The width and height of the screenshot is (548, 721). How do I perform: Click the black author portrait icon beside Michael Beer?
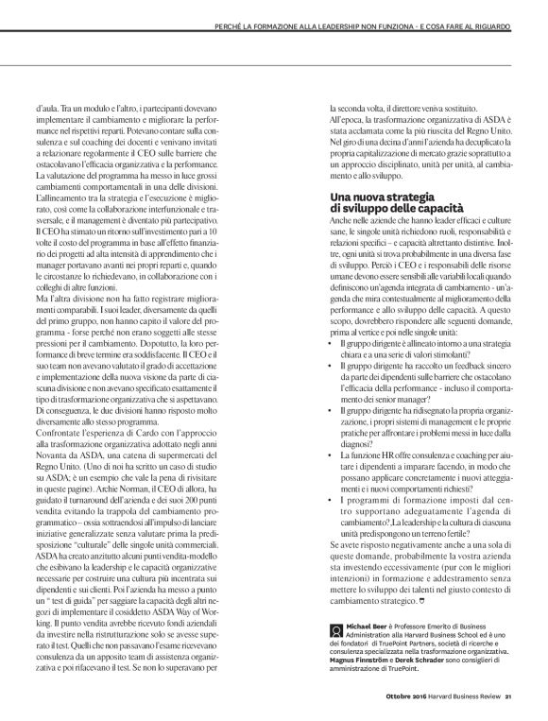point(336,627)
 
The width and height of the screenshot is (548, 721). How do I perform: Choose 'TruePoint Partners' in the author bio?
point(381,644)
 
